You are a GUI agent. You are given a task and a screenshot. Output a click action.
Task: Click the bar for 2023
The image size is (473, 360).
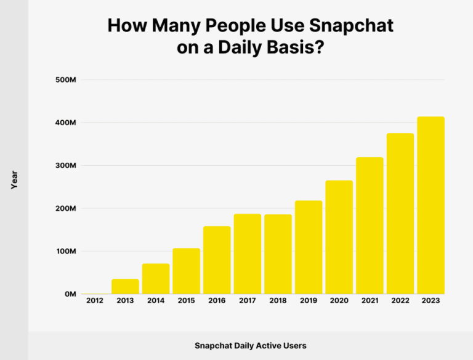[x=431, y=205]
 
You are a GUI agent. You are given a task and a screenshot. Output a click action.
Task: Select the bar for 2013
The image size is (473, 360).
[x=125, y=287]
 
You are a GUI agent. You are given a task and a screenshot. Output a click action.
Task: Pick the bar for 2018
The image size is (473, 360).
[x=278, y=254]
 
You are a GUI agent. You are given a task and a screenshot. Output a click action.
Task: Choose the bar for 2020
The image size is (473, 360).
[x=339, y=237]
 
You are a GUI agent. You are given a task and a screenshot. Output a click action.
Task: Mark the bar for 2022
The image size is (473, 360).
[x=400, y=213]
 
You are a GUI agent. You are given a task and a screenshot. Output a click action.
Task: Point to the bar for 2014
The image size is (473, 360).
[x=156, y=279]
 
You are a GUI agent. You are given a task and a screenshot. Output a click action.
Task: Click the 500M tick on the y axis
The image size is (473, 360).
[x=65, y=80]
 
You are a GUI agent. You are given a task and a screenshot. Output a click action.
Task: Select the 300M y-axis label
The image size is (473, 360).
[x=65, y=166]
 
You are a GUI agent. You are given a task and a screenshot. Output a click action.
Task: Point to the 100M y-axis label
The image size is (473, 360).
[x=65, y=252]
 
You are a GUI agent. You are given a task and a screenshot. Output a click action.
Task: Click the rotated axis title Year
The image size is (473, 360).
[x=14, y=180]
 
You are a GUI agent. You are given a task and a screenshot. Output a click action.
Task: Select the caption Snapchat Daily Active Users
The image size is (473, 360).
[x=250, y=346]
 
